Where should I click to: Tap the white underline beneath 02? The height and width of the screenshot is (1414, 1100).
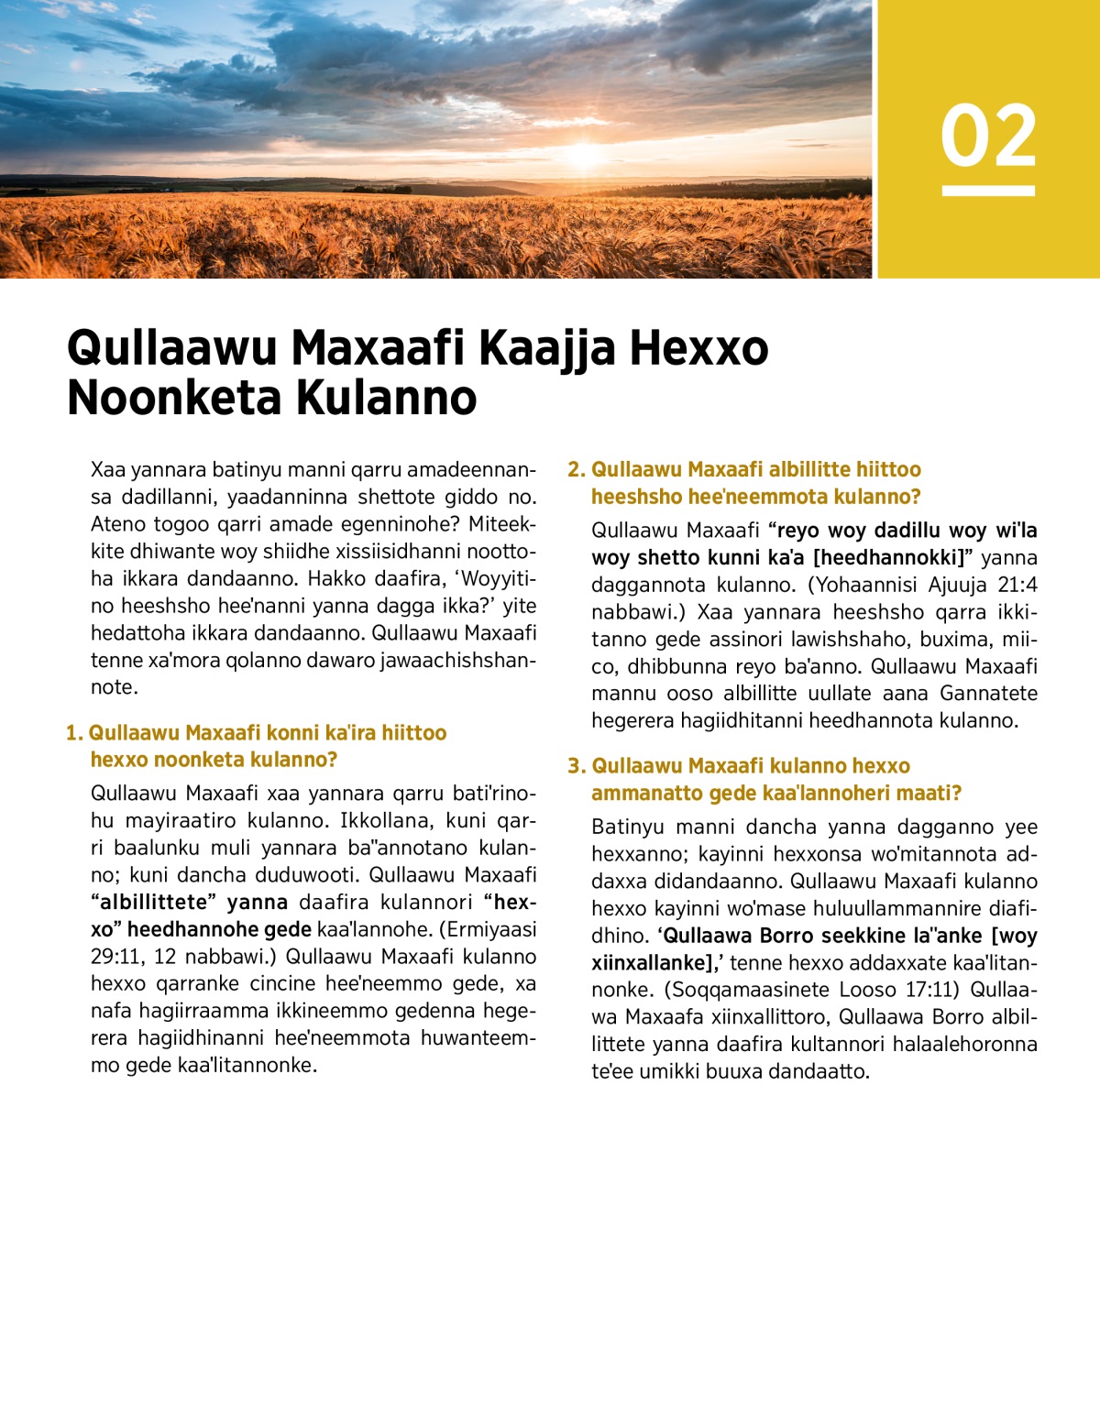[x=988, y=191]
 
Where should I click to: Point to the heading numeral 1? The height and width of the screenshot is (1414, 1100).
[x=73, y=733]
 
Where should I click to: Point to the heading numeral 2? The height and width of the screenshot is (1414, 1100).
[x=575, y=470]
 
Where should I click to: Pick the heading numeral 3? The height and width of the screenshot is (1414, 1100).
[x=575, y=766]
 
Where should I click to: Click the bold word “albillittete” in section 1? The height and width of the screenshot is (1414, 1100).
[x=154, y=903]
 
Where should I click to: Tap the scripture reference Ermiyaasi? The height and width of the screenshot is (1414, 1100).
[x=491, y=929]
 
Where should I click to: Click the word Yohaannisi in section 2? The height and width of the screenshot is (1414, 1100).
[x=863, y=585]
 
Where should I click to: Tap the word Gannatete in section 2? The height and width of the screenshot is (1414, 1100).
[x=988, y=693]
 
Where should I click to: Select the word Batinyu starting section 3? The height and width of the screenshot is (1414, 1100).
[x=628, y=828]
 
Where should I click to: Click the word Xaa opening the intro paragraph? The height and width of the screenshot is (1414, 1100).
[x=107, y=471]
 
